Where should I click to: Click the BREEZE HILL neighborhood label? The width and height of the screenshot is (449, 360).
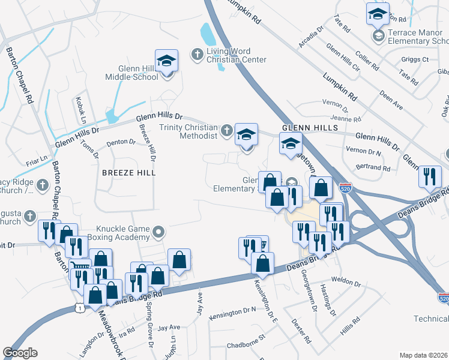128,173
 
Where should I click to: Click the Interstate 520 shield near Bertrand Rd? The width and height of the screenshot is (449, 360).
345,187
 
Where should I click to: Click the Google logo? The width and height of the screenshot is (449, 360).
20,353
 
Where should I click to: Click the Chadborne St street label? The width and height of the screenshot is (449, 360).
246,346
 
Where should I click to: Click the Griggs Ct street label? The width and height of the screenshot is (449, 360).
417,59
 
